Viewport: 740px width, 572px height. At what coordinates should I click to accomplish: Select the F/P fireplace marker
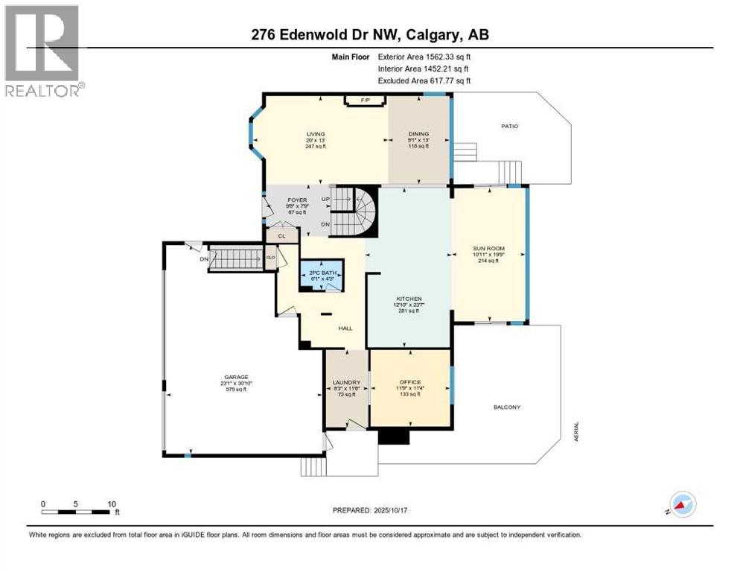coord(365,100)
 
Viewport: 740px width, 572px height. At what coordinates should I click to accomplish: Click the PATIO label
coord(509,127)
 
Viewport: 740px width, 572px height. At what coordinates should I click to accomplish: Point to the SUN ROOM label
coord(488,250)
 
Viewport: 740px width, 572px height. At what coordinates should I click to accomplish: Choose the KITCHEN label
coord(409,298)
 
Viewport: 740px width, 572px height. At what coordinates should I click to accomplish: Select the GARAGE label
coord(236,377)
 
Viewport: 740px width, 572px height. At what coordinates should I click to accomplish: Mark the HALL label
coord(345,328)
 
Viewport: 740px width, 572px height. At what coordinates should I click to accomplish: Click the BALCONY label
coord(506,407)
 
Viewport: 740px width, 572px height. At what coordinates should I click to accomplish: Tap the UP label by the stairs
coord(325,200)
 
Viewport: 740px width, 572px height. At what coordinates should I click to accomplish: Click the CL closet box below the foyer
coord(281,236)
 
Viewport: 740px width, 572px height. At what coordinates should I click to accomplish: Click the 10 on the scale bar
coord(111,503)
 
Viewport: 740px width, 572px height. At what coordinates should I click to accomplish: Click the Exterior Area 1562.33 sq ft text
coord(424,56)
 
